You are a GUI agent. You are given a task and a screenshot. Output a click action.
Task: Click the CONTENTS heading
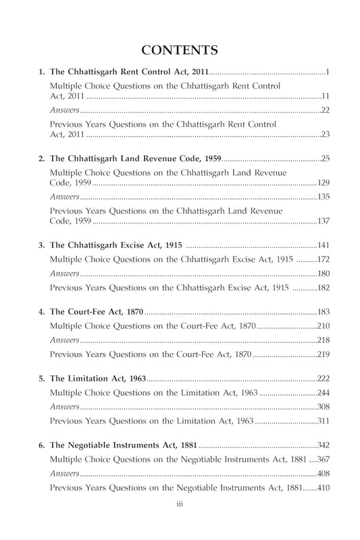click(x=180, y=50)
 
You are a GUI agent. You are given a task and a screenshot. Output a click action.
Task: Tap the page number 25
click(x=324, y=159)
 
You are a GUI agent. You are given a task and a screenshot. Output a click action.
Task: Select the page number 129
click(x=322, y=183)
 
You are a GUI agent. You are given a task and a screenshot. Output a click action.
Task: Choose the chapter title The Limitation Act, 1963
click(x=98, y=379)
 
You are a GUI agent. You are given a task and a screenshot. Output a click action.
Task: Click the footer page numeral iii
click(x=180, y=502)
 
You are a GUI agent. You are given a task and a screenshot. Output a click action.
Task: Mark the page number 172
click(x=322, y=259)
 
